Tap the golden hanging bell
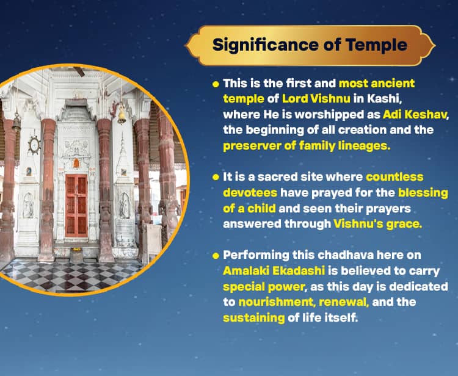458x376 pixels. [122, 115]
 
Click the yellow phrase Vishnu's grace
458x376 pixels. [377, 224]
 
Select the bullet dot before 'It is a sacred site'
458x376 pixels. [215, 178]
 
